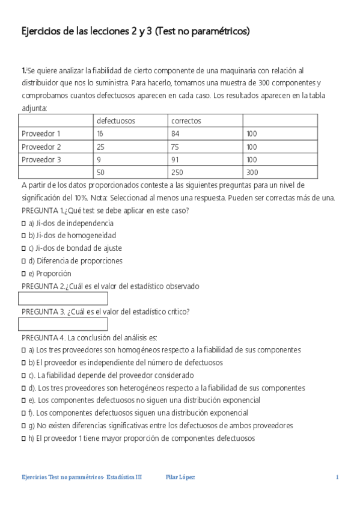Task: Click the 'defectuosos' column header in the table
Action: (x=116, y=121)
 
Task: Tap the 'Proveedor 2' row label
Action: (x=41, y=147)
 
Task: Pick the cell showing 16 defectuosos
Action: (x=100, y=134)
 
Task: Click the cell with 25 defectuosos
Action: (x=100, y=147)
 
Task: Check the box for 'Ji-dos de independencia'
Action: (x=23, y=223)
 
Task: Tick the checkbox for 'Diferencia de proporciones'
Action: (x=23, y=261)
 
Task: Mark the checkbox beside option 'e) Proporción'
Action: (x=23, y=274)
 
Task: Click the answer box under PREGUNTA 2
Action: (x=63, y=299)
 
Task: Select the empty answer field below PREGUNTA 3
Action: (x=63, y=324)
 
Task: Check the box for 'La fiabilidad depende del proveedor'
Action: (x=23, y=375)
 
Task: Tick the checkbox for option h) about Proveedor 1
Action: (x=23, y=438)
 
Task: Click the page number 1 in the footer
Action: (x=338, y=478)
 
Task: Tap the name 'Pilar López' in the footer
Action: (x=180, y=478)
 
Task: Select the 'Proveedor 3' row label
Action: (x=41, y=159)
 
